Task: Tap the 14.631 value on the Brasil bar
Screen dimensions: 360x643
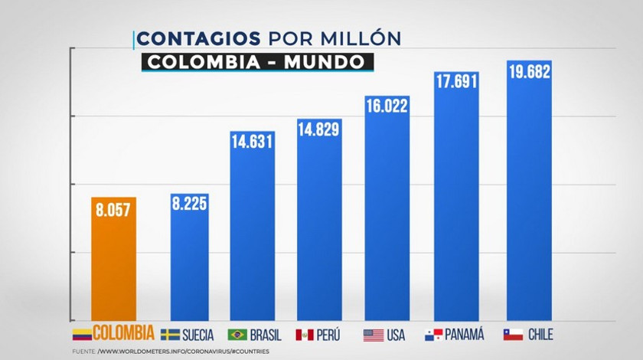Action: (x=253, y=142)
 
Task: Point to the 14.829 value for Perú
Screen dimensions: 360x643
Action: (x=319, y=130)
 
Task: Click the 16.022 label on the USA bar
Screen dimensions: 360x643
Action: (x=387, y=108)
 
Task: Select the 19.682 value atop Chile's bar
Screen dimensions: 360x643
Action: (x=529, y=72)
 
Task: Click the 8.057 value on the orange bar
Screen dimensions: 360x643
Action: (x=114, y=209)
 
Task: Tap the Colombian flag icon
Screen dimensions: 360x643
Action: (x=81, y=334)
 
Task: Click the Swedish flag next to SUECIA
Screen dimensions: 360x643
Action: (x=169, y=335)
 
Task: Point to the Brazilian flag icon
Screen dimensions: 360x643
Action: (x=237, y=335)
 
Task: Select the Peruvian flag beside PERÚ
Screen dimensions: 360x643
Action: (x=305, y=335)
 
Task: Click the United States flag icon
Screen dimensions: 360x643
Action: (x=373, y=335)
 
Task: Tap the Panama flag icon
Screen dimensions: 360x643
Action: (x=433, y=335)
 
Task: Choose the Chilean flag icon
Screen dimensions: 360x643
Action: (x=513, y=335)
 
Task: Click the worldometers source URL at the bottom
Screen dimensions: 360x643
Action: (x=183, y=352)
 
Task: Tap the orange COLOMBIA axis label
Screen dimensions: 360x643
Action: (x=123, y=334)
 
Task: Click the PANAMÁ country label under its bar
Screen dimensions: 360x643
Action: (x=466, y=335)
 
